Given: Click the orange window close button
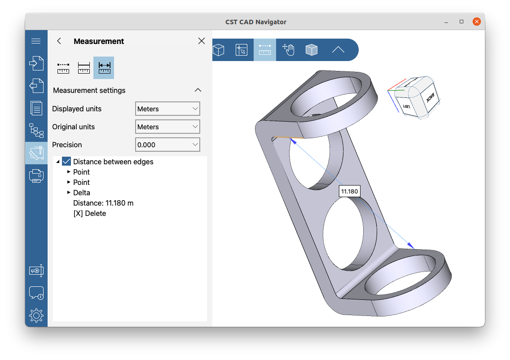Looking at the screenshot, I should click(477, 22).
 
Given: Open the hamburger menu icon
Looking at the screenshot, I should click(36, 41).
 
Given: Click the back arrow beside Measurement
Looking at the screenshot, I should click(59, 41).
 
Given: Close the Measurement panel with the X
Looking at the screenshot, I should click(202, 41).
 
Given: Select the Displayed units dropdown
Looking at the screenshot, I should click(167, 109).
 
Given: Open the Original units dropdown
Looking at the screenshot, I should click(167, 127).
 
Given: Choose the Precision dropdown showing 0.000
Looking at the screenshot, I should click(167, 145).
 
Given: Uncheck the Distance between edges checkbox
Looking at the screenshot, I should click(67, 162).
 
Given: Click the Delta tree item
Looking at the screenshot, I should click(82, 193).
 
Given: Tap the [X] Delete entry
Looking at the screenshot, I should click(90, 213).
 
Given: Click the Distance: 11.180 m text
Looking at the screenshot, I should click(103, 203).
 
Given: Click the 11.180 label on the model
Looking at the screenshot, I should click(349, 191).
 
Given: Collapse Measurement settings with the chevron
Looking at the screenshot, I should click(198, 90).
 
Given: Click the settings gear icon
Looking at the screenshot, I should click(36, 316).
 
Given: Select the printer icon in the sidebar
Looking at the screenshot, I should click(36, 176).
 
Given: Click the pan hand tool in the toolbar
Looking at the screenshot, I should click(288, 50).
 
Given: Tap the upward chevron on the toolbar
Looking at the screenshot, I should click(338, 50).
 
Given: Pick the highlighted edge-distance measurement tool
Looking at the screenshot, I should click(104, 68).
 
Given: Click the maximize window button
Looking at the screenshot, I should click(462, 22).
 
